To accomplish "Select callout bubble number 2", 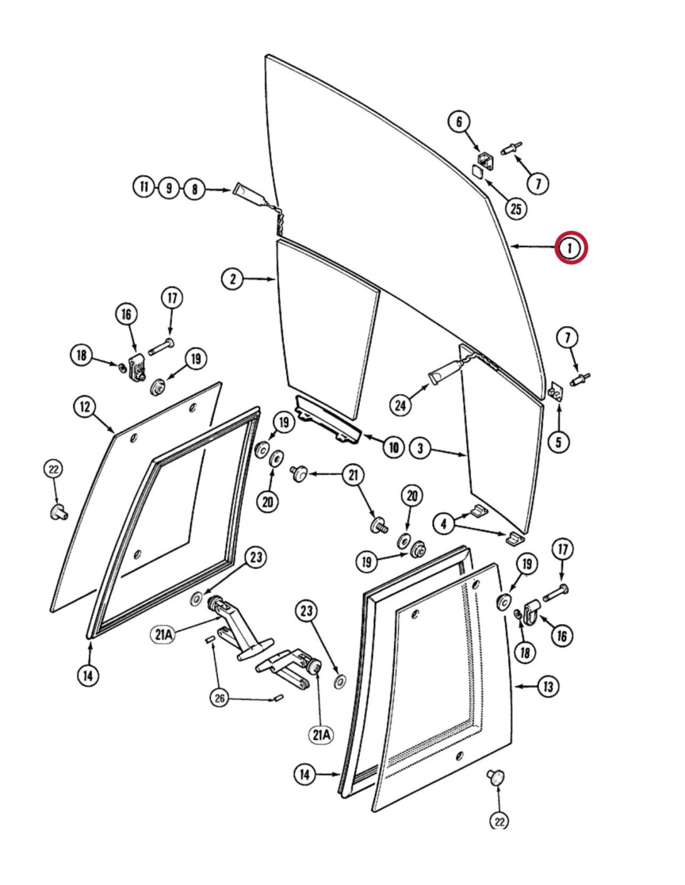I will pos(232,278).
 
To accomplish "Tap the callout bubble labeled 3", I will pos(421,447).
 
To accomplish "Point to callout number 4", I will pos(443,523).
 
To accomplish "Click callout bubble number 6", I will pos(460,121).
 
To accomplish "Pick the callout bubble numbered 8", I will pos(194,188).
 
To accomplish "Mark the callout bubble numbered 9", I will pos(169,187).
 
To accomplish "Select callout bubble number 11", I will pos(144,187).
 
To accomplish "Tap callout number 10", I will pos(394,447).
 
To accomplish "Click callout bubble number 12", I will pos(85,408).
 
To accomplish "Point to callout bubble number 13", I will pos(547,686).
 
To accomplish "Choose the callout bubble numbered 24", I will pos(400,405).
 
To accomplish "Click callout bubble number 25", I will pos(516,208).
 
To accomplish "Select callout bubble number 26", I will pos(220,698).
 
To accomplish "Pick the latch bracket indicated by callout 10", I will pos(328,421).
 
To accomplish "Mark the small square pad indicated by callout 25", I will pos(478,170).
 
